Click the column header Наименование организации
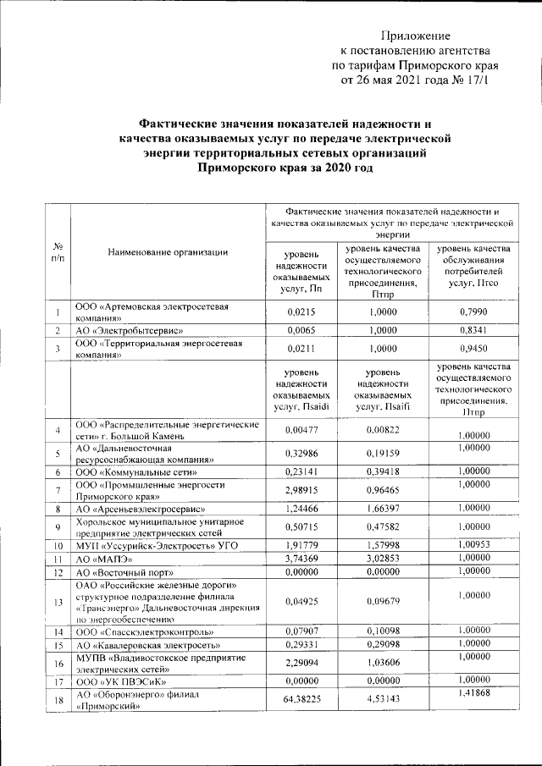point(168,252)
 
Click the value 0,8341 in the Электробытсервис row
point(472,330)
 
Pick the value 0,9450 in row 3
point(472,347)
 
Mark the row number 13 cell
point(57,603)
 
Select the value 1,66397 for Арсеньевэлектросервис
point(386,510)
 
